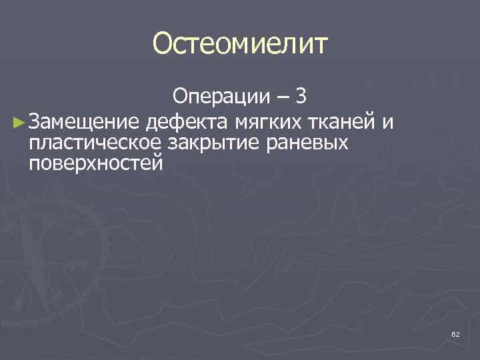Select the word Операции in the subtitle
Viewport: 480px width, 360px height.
click(217, 98)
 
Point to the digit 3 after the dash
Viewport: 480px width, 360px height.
click(301, 98)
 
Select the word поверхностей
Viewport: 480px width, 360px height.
click(95, 163)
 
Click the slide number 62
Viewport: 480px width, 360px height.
click(455, 334)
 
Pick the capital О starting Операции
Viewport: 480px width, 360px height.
click(181, 98)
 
